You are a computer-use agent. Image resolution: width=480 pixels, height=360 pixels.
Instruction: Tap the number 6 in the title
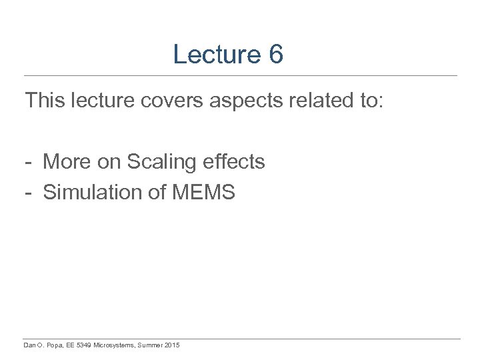click(x=277, y=55)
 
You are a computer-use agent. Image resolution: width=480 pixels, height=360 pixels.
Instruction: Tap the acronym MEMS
click(x=204, y=193)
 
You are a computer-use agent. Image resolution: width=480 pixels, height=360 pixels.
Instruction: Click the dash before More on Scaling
click(x=29, y=163)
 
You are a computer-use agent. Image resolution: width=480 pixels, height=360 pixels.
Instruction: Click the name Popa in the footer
click(x=54, y=345)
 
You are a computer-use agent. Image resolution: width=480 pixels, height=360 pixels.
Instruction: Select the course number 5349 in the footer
click(x=85, y=345)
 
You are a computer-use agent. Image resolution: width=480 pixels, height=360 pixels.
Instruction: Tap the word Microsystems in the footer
click(x=115, y=345)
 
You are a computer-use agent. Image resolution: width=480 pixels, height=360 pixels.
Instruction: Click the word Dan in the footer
click(x=30, y=345)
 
